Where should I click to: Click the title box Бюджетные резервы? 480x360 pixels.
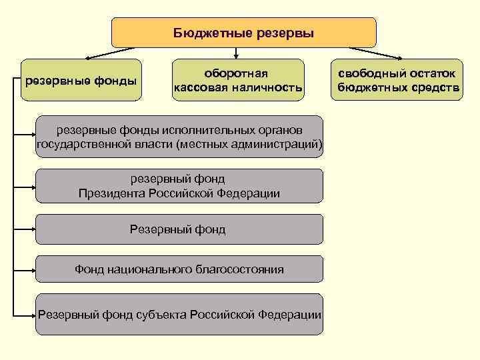click(243, 32)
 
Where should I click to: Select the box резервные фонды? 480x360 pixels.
click(81, 81)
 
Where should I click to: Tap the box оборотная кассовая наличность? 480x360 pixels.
click(237, 80)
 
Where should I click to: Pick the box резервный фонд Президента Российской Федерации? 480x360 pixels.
click(179, 186)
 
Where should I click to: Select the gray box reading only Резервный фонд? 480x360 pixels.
click(179, 229)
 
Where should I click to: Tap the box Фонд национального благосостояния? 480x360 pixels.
click(179, 269)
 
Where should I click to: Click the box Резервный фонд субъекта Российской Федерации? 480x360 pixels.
click(179, 314)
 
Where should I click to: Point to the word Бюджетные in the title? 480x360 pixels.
click(209, 33)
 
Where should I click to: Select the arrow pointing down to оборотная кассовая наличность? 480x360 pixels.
click(237, 53)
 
